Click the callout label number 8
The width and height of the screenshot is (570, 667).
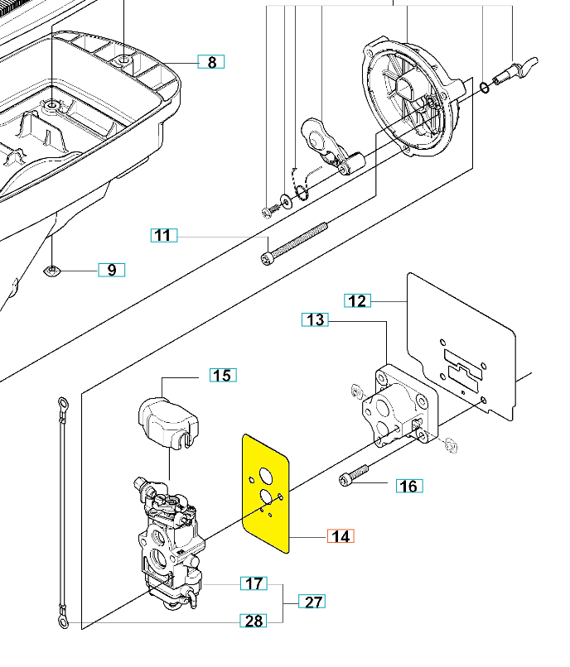[x=211, y=62]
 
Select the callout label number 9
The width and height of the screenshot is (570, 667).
[x=112, y=270]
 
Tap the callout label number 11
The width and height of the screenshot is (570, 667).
[x=164, y=235]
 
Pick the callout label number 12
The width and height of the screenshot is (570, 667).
[x=357, y=300]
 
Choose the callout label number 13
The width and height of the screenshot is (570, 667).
[x=316, y=319]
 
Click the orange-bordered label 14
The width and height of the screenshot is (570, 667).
[x=341, y=536]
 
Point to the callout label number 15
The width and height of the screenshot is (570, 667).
[x=223, y=375]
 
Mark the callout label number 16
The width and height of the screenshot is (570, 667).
[x=409, y=486]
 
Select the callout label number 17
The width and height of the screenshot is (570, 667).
[x=254, y=583]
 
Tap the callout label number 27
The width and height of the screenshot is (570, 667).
[x=312, y=602]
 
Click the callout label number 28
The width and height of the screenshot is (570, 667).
[x=254, y=621]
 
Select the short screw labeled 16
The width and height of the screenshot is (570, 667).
[x=354, y=475]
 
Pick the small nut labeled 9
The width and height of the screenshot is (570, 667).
[x=52, y=270]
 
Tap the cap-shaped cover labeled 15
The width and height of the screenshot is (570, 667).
[x=169, y=421]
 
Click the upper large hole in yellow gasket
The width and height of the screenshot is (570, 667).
[x=266, y=476]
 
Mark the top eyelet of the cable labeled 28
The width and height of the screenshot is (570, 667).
[x=63, y=402]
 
